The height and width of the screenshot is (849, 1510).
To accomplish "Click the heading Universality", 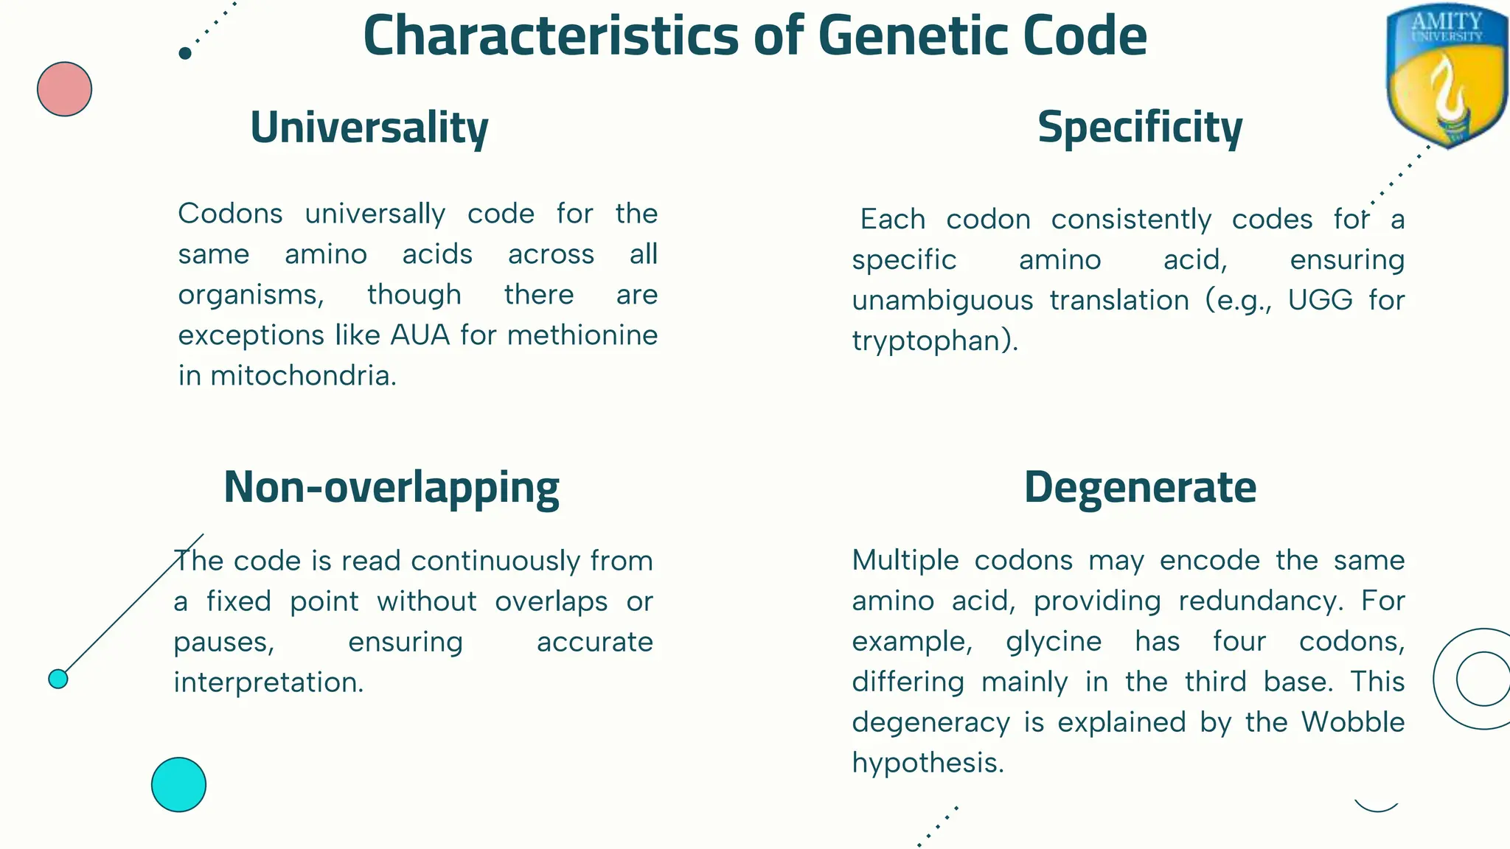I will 369,127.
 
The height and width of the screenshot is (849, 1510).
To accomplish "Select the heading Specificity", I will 1139,127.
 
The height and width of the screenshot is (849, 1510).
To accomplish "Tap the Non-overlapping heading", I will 392,487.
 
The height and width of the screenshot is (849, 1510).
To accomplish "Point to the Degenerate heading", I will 1140,487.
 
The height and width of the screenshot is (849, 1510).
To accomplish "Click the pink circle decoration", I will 65,89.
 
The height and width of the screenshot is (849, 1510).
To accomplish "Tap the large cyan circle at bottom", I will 178,784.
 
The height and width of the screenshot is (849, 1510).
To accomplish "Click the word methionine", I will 582,335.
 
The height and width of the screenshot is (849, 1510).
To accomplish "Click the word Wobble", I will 1352,722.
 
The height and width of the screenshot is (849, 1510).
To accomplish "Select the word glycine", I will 1054,641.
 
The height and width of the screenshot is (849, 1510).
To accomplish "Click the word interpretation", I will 268,682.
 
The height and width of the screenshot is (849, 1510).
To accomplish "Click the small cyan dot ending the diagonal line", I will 58,679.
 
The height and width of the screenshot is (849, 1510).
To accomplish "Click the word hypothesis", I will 927,763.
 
